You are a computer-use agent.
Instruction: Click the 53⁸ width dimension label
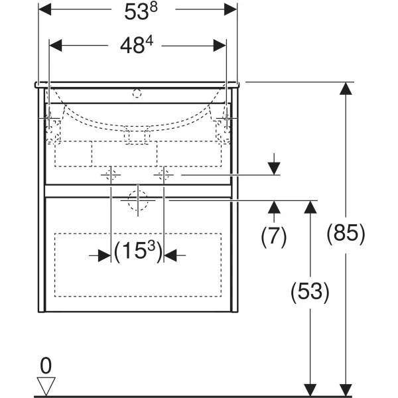tap(141, 11)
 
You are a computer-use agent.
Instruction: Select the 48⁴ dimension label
tap(137, 45)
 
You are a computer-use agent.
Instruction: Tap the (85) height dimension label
tap(346, 233)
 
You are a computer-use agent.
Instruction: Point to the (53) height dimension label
tap(310, 292)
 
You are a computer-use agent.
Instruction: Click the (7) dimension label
tap(273, 237)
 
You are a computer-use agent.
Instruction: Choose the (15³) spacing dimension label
tap(138, 251)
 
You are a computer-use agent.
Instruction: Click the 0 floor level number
tap(46, 365)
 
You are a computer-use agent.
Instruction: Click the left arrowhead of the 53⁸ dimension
tap(44, 9)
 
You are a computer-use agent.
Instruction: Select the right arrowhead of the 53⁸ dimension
tap(230, 9)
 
